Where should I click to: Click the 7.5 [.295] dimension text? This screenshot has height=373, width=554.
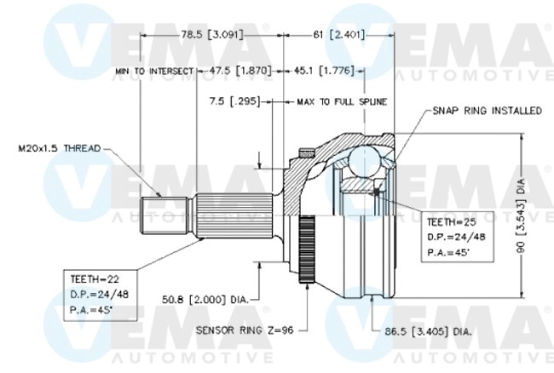click(x=234, y=101)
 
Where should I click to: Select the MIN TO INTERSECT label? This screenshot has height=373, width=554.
click(x=152, y=72)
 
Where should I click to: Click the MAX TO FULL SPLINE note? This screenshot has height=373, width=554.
click(x=341, y=101)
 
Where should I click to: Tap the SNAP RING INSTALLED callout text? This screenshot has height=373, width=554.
click(x=487, y=111)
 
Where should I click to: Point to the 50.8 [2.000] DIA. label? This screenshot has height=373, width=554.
click(x=205, y=299)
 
